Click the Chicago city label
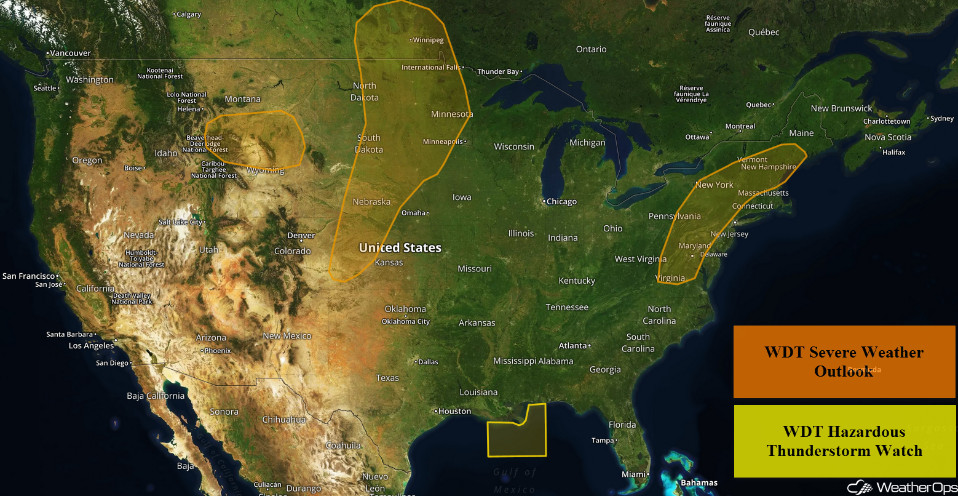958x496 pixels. click(561, 202)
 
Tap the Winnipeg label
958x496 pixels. click(428, 40)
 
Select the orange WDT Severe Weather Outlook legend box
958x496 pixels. click(844, 362)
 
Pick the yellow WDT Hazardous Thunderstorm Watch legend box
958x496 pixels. click(844, 441)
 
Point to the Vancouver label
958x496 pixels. click(70, 54)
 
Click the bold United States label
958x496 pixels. click(400, 248)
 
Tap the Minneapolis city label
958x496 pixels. click(443, 142)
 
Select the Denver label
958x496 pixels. click(301, 236)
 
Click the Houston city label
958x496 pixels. click(455, 411)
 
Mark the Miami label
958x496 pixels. click(633, 474)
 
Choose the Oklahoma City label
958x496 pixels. click(406, 322)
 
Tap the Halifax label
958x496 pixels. click(893, 152)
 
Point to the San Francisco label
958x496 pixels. click(28, 276)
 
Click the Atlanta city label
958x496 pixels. click(572, 346)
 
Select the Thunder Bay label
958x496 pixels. click(499, 72)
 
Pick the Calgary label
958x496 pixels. click(189, 14)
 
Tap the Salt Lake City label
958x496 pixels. click(180, 222)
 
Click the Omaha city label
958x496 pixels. click(413, 213)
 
